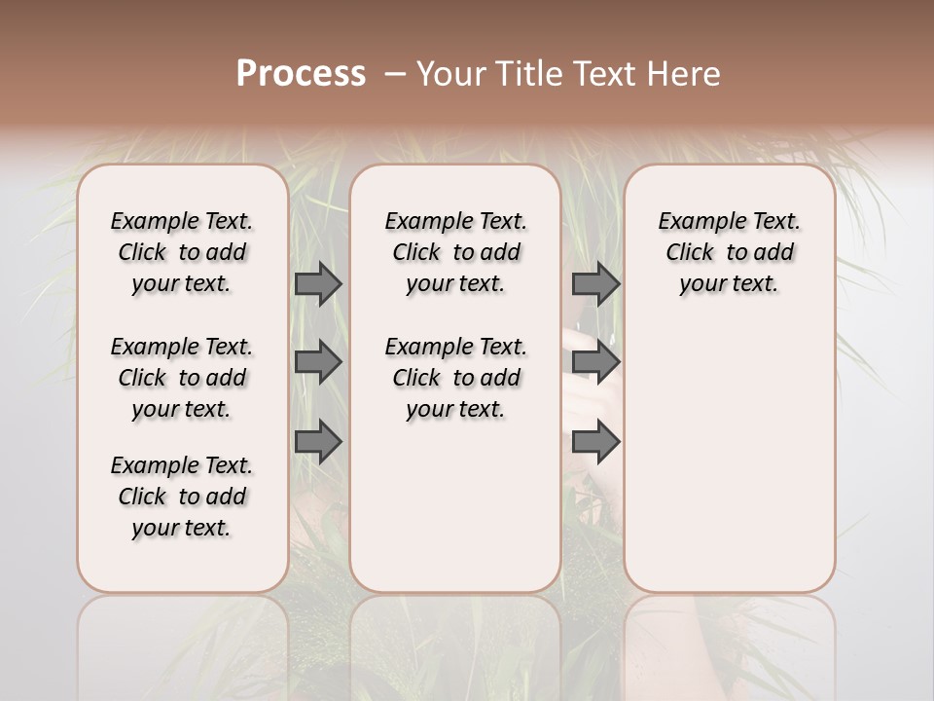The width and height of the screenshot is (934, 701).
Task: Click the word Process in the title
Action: click(x=301, y=74)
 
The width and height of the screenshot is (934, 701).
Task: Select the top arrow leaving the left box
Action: click(x=318, y=283)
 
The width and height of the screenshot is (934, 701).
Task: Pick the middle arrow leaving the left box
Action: click(x=318, y=363)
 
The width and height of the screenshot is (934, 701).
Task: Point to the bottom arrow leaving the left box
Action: click(x=318, y=443)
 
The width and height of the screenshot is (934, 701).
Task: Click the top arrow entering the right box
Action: click(x=595, y=283)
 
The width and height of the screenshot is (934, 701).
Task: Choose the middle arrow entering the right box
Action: click(x=595, y=363)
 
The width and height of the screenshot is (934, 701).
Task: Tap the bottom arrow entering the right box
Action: click(x=595, y=443)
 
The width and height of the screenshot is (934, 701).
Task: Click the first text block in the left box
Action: click(x=182, y=252)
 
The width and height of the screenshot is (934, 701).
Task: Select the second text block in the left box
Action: click(x=182, y=378)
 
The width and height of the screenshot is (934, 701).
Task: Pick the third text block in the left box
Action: click(x=182, y=497)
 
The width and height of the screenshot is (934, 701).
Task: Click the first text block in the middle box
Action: click(x=456, y=252)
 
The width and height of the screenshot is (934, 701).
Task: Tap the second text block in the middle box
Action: click(x=456, y=378)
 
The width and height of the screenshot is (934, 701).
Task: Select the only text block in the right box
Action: click(x=730, y=252)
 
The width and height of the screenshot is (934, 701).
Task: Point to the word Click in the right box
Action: click(x=690, y=253)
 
